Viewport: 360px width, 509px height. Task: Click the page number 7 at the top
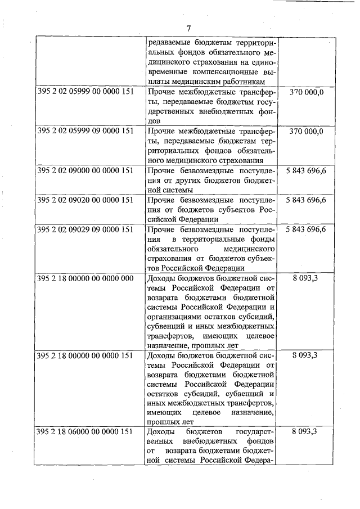pyautogui.click(x=189, y=29)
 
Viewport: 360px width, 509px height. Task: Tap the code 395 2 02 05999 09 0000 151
pyautogui.click(x=85, y=131)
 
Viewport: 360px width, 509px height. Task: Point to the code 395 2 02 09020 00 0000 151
pyautogui.click(x=85, y=200)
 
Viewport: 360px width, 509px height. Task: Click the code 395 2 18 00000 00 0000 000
pyautogui.click(x=85, y=278)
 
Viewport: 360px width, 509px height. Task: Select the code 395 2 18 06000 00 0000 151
pyautogui.click(x=85, y=432)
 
